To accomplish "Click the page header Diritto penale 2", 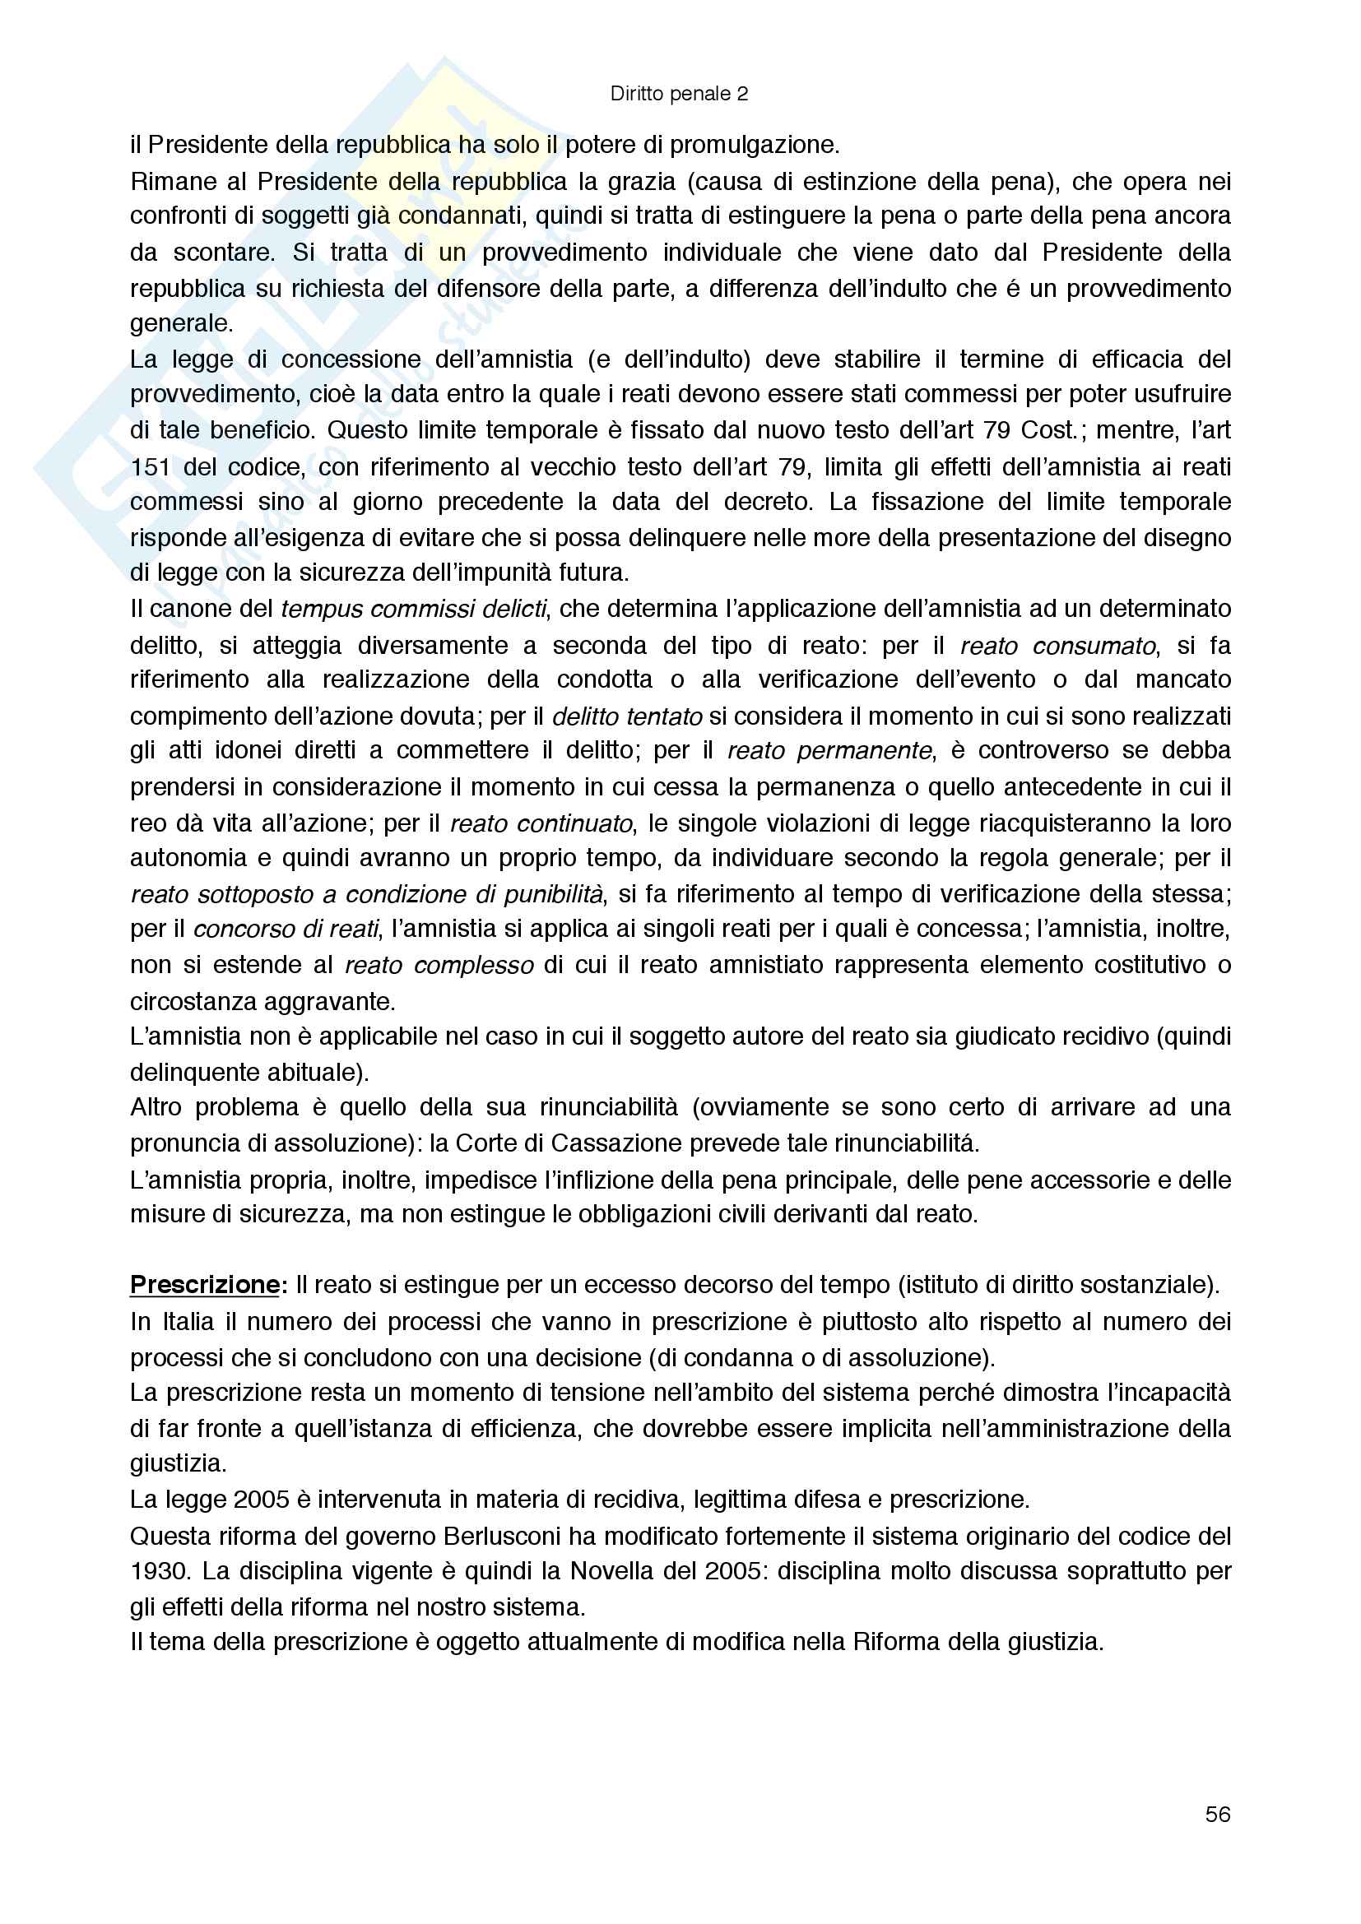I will pyautogui.click(x=679, y=94).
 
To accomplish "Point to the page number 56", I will pyautogui.click(x=1218, y=1815).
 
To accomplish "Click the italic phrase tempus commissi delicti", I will pyautogui.click(x=414, y=609).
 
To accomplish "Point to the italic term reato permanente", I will pyautogui.click(x=829, y=751).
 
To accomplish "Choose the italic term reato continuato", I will pyautogui.click(x=541, y=823).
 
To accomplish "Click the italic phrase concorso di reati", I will pyautogui.click(x=286, y=930).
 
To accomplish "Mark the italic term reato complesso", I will pyautogui.click(x=439, y=966).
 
